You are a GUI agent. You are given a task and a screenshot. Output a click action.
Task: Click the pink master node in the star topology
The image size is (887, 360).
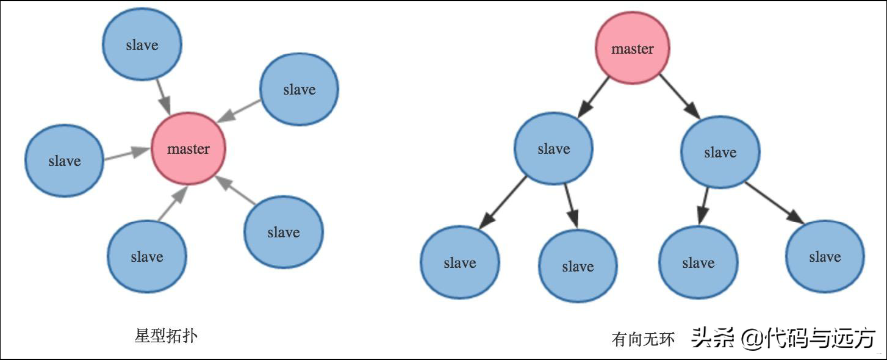189,148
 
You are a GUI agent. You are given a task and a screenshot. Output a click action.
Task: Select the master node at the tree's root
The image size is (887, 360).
633,48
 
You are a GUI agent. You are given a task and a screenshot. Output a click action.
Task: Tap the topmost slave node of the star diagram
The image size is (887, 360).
142,44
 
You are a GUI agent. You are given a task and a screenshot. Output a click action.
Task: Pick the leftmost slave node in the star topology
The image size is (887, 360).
65,160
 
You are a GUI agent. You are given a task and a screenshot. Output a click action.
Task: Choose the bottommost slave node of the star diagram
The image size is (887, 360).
147,257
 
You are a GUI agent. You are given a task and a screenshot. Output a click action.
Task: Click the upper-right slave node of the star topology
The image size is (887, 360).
300,89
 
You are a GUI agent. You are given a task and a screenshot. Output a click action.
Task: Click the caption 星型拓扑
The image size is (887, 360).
166,336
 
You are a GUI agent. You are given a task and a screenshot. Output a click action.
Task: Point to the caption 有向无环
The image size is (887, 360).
643,339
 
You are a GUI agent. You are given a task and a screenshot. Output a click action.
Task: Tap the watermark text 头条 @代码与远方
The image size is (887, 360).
783,338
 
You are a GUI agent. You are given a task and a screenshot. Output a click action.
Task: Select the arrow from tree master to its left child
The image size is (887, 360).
593,97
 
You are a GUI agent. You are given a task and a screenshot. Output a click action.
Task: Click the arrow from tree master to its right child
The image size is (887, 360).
680,96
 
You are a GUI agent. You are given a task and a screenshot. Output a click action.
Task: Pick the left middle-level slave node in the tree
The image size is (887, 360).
553,148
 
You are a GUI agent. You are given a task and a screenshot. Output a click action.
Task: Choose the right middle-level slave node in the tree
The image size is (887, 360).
720,152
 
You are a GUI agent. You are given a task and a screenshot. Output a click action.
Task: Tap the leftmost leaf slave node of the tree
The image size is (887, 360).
460,262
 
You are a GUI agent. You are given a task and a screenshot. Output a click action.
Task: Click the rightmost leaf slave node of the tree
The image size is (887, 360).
825,256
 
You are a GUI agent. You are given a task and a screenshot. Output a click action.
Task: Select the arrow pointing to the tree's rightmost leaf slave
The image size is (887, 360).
775,203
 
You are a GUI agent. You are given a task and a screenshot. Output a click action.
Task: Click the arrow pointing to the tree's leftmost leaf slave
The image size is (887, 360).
503,203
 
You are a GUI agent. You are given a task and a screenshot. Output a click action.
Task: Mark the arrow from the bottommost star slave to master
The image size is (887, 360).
173,203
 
